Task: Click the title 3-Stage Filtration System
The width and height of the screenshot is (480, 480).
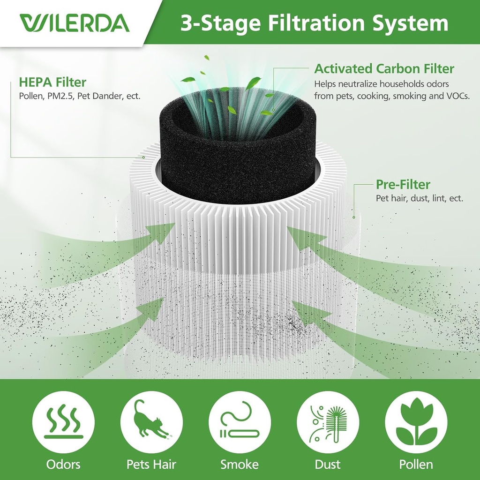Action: coord(314,23)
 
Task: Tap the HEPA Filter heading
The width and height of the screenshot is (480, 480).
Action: coord(52,82)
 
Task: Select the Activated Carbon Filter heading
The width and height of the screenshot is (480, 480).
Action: coord(384,69)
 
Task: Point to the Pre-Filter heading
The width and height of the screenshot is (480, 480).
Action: coord(403,184)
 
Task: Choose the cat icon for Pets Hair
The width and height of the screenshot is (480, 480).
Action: coord(151,422)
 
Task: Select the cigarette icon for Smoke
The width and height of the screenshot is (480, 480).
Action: coord(240,422)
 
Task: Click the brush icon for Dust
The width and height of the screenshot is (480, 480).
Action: coord(328,422)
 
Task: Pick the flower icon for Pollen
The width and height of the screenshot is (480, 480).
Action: coord(416,422)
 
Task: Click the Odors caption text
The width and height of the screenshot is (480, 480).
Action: coord(63,465)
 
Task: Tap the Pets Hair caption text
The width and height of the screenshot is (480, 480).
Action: coord(151,465)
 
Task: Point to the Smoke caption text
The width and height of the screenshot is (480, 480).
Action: coord(240,465)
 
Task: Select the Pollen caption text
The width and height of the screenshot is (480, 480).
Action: coord(416,465)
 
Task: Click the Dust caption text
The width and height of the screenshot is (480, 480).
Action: coord(328,465)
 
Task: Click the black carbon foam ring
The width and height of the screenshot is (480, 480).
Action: coord(239,164)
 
